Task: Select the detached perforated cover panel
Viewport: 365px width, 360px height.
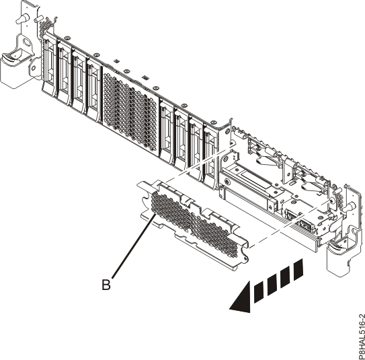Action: [x=195, y=216]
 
